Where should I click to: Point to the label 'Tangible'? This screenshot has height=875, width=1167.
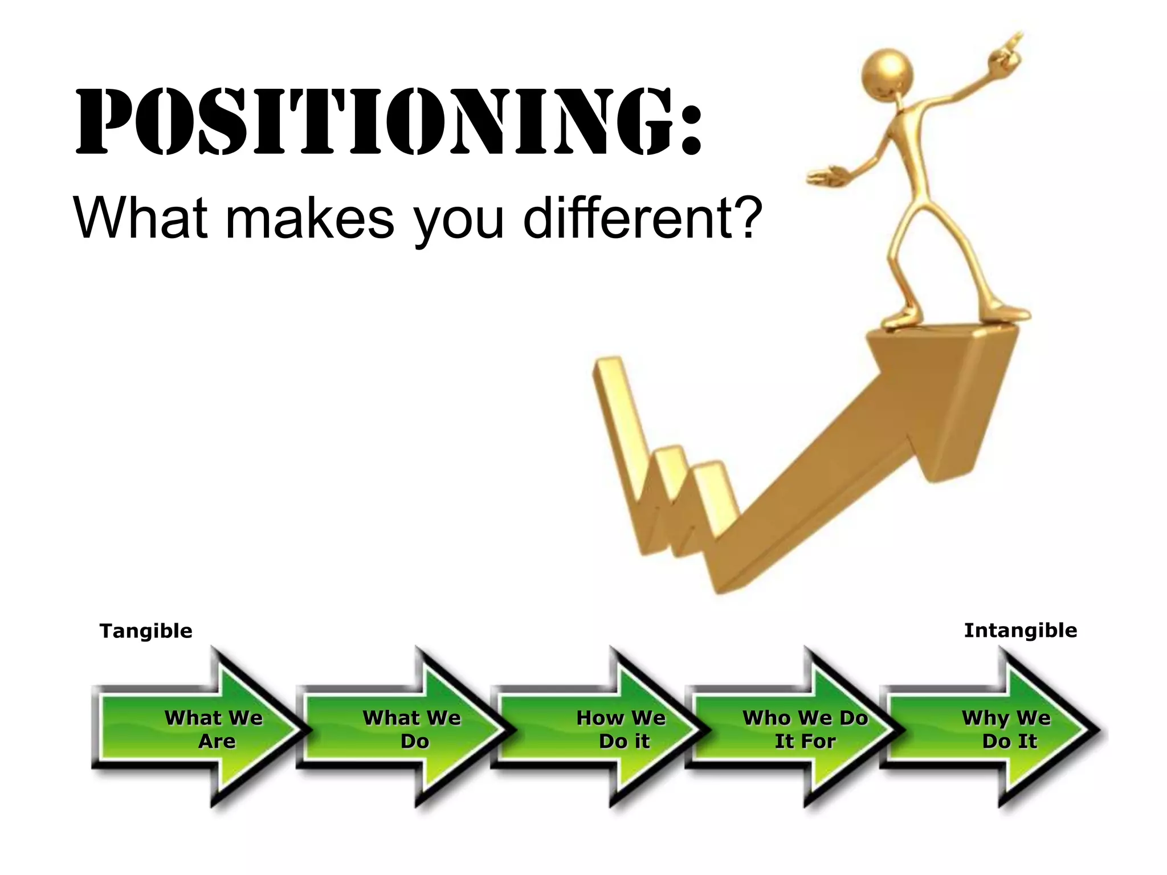pos(146,631)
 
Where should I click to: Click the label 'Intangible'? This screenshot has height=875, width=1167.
pos(1020,631)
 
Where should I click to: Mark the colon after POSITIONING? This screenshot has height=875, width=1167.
pos(690,122)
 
